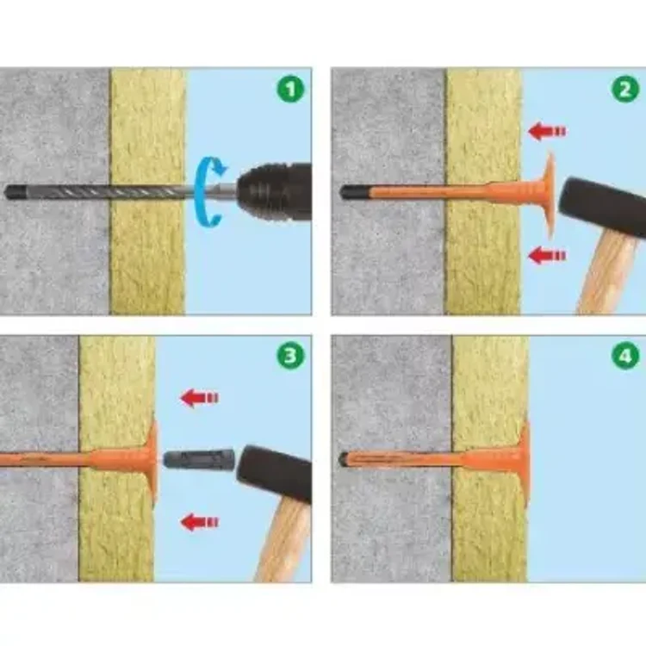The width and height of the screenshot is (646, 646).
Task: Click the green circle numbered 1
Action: [x=290, y=89]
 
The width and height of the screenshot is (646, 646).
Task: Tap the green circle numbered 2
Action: [x=625, y=89]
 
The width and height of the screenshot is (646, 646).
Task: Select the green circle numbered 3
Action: [x=290, y=356]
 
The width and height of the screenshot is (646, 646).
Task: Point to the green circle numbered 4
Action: [x=625, y=356]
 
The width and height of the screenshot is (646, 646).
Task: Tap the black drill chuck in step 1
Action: [x=275, y=192]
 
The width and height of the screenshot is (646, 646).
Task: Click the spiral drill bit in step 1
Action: [x=99, y=192]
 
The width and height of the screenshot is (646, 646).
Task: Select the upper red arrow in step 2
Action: [x=547, y=132]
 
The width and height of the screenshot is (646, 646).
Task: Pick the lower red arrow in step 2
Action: [x=547, y=256]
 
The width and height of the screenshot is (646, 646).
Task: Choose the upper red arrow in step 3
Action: [x=200, y=398]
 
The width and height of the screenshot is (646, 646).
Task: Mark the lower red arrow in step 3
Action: [x=200, y=523]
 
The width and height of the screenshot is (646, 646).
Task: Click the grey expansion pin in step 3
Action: [x=199, y=458]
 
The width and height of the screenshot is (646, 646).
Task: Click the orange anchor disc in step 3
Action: [x=153, y=460]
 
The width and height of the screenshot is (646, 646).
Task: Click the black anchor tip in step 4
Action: [x=343, y=458]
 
